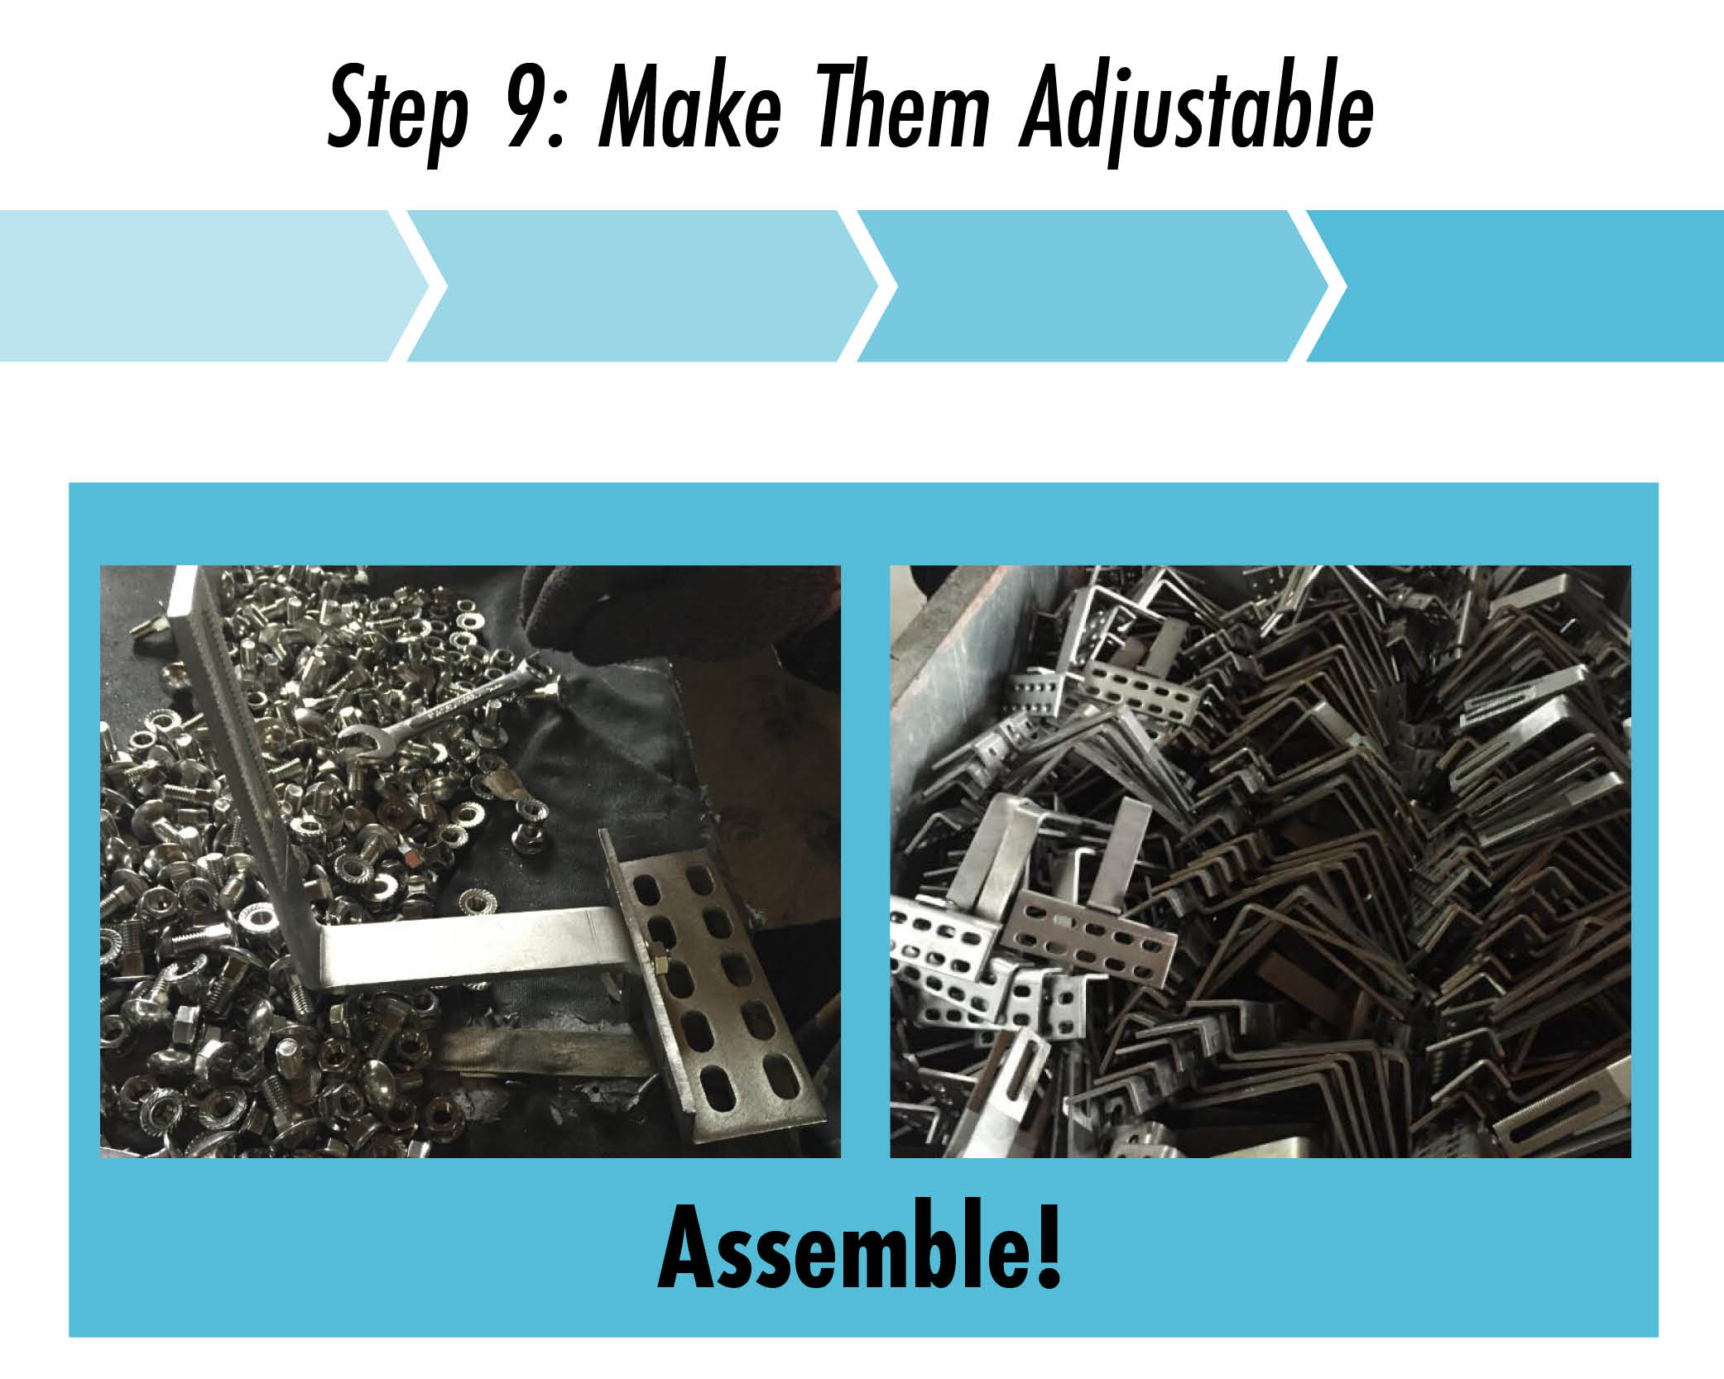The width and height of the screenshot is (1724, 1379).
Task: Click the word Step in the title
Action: point(397,112)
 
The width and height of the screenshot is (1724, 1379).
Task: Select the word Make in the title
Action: point(689,108)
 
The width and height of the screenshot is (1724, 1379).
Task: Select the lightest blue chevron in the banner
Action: point(215,286)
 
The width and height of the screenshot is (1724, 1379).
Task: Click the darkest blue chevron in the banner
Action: point(1523,286)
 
